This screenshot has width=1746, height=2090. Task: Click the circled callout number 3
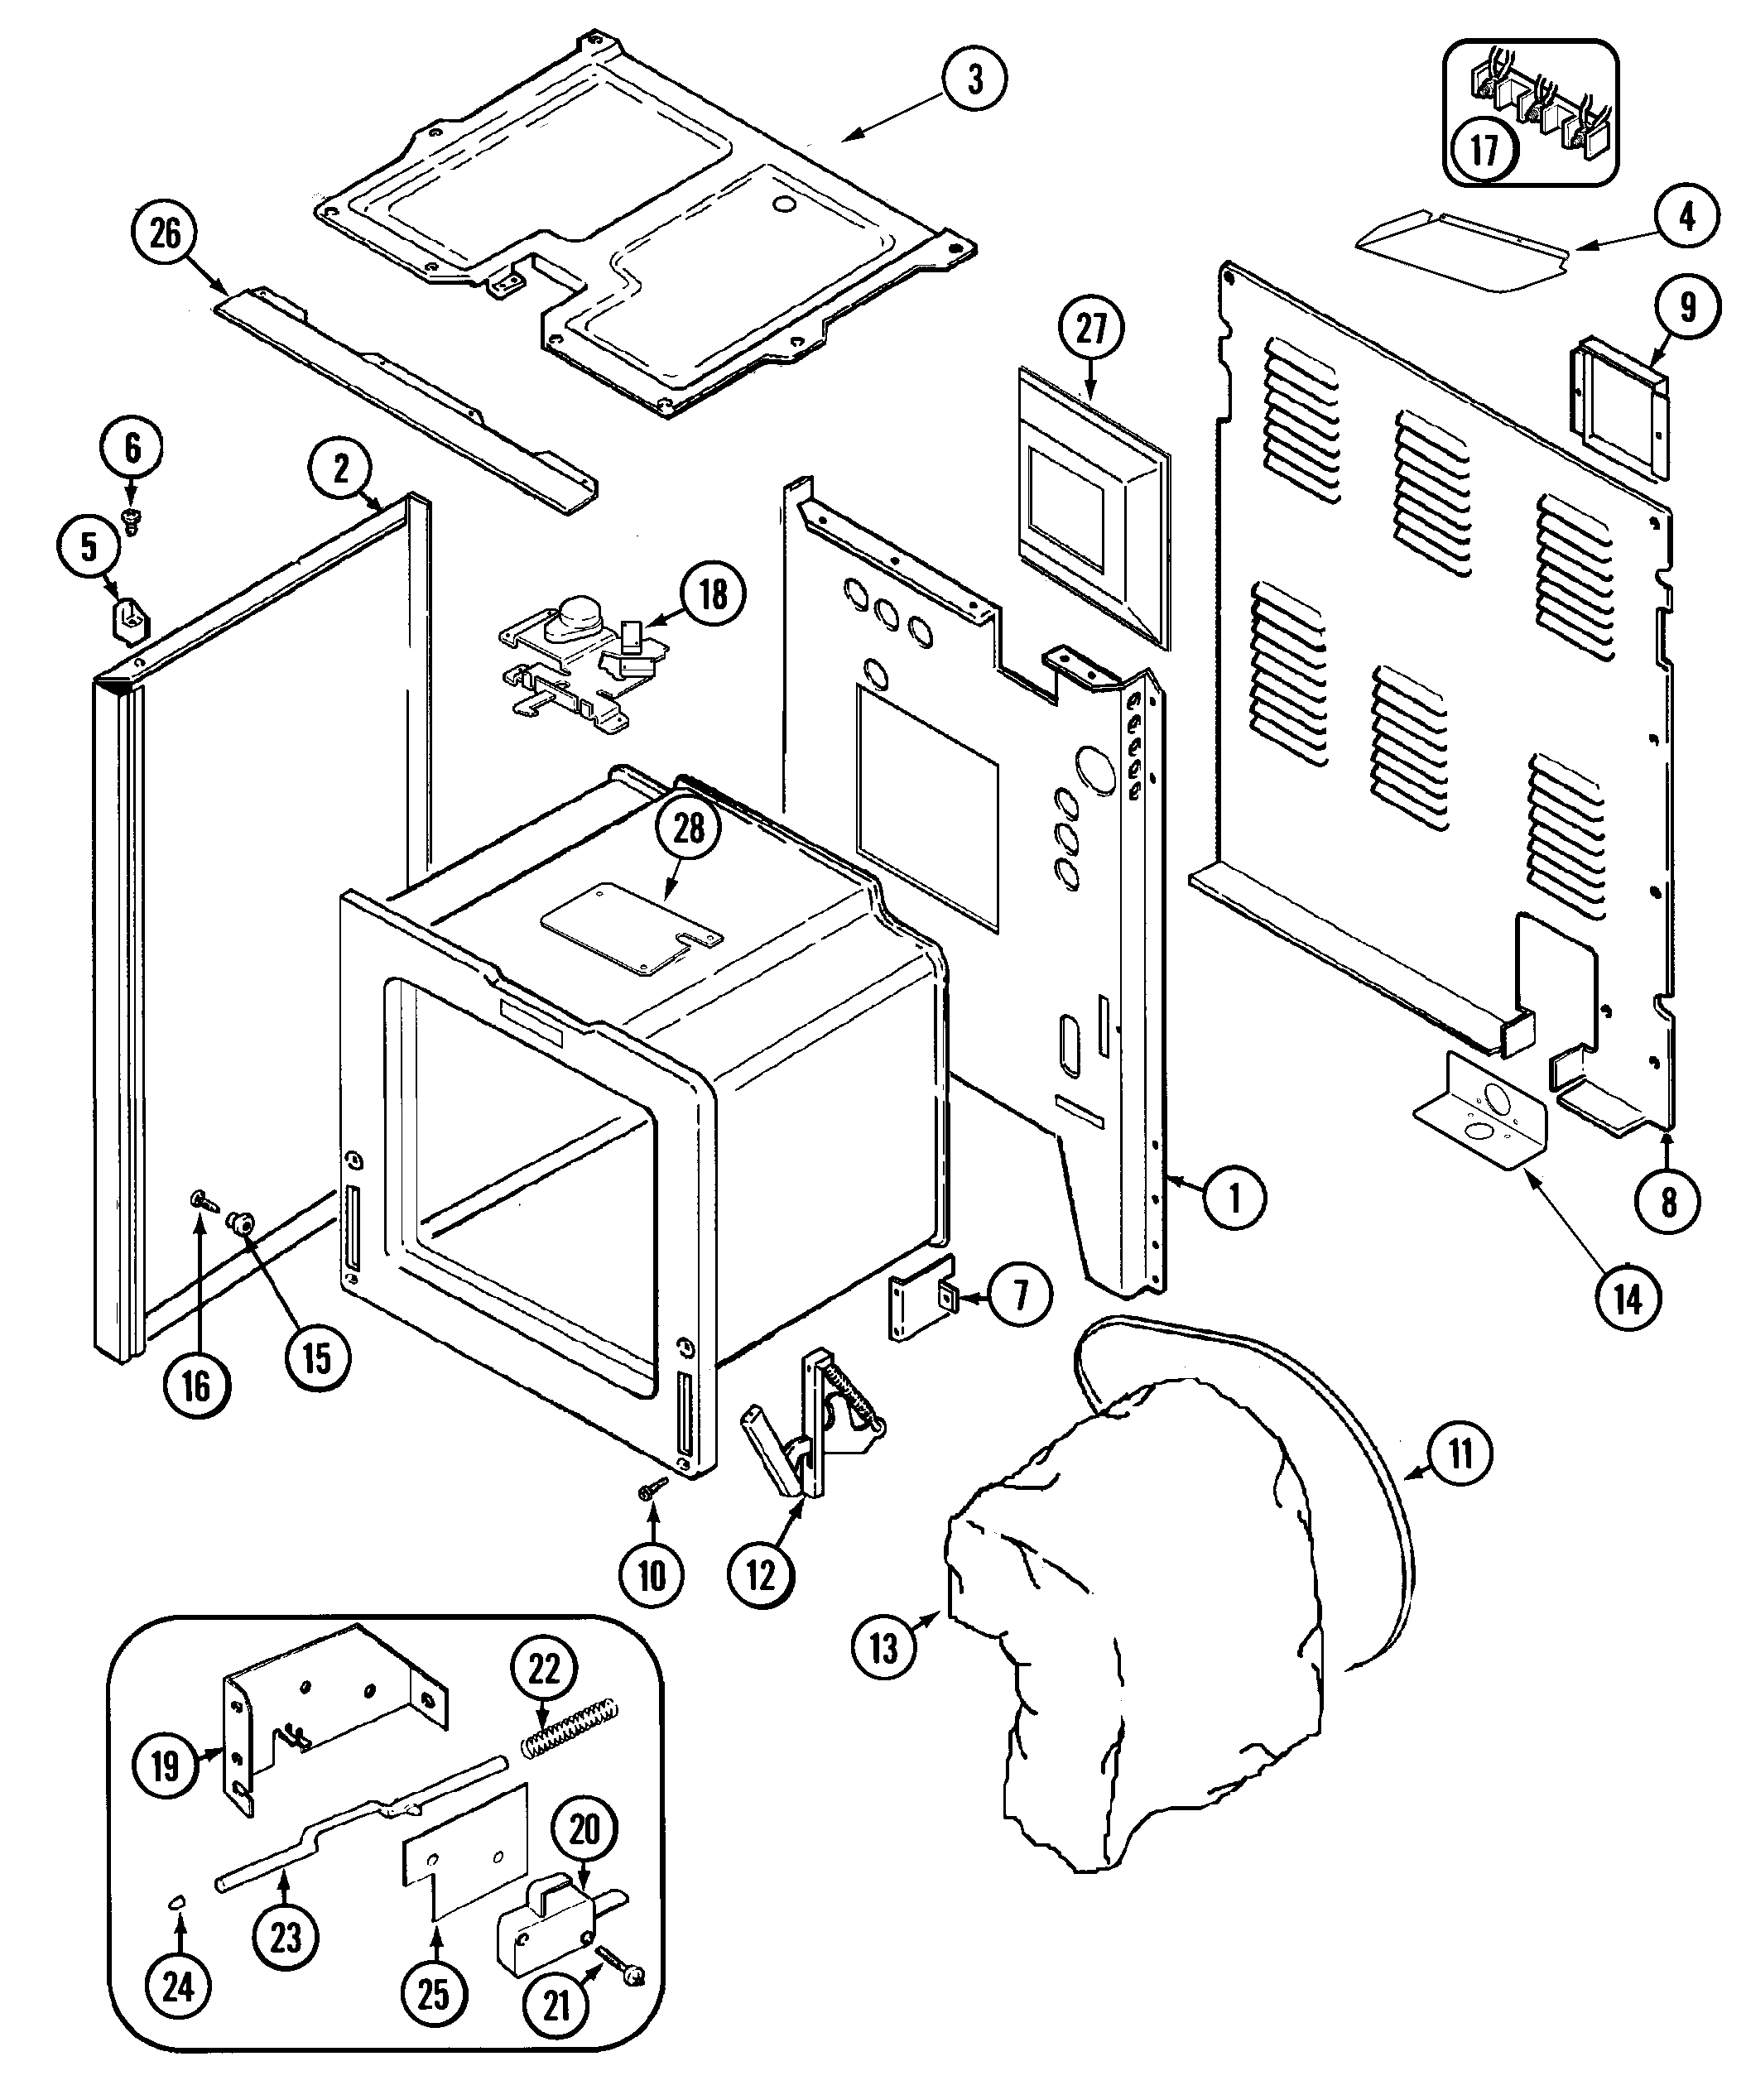pyautogui.click(x=974, y=79)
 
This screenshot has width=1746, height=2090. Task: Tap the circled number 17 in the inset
pyautogui.click(x=1484, y=151)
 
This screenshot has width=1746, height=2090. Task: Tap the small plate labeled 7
pyautogui.click(x=921, y=1297)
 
